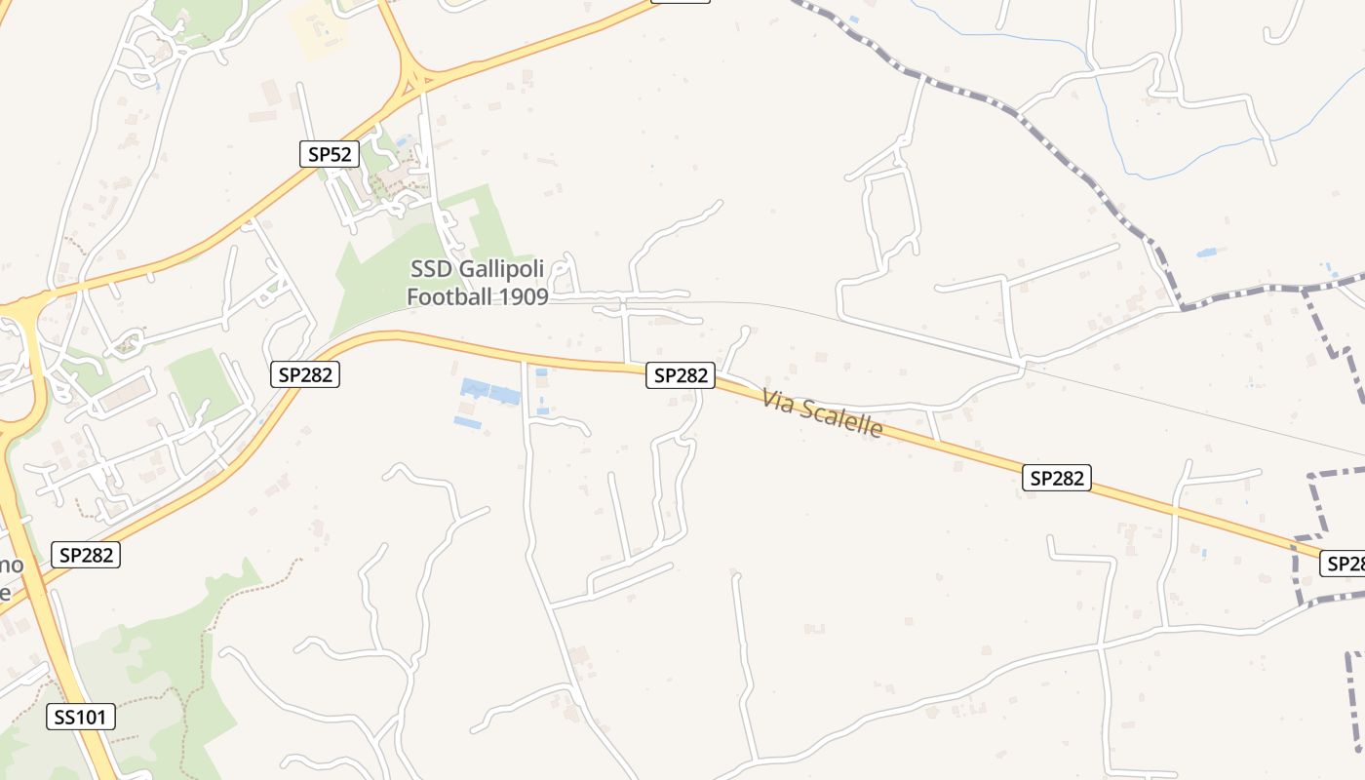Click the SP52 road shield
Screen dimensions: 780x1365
[330, 153]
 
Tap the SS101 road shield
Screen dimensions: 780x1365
[81, 717]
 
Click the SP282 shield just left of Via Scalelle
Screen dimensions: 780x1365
[680, 374]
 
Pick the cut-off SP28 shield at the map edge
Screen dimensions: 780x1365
[1343, 563]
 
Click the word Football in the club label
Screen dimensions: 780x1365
[449, 296]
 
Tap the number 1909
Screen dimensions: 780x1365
[522, 296]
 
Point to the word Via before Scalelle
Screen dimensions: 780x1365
[778, 400]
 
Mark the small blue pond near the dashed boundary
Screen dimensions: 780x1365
[1206, 253]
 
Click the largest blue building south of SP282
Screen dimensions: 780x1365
[489, 392]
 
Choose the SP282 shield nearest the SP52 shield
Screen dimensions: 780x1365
[305, 374]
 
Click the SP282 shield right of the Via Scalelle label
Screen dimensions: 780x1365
[1056, 478]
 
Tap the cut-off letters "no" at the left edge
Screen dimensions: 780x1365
[12, 565]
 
